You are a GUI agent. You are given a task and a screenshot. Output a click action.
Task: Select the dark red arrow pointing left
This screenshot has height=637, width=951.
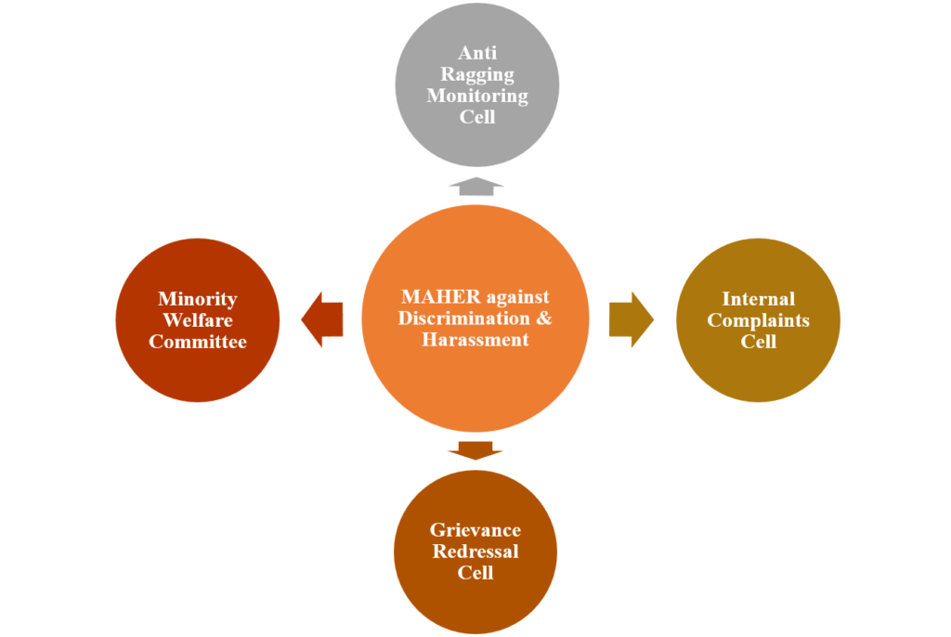click(323, 320)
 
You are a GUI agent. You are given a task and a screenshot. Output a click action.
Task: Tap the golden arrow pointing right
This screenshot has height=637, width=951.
click(631, 319)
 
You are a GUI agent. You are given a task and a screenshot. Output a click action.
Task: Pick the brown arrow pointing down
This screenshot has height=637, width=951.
click(475, 450)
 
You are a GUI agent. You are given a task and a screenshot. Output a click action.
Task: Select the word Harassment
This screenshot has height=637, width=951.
click(475, 340)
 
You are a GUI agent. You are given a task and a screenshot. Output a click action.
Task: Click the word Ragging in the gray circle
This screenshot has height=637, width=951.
click(476, 75)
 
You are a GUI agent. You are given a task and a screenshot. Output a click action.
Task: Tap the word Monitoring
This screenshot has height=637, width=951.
click(476, 96)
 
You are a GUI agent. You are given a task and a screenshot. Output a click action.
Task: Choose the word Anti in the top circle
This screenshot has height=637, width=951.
click(476, 54)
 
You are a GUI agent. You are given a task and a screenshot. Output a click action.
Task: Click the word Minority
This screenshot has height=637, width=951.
click(197, 299)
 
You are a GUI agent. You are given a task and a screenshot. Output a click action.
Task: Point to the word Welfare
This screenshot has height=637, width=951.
click(197, 320)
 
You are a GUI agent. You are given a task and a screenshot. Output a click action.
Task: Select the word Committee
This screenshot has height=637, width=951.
click(198, 342)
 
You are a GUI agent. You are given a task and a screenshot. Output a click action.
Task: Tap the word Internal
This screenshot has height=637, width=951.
click(758, 299)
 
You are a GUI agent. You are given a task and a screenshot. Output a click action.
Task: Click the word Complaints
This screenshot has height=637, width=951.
click(758, 320)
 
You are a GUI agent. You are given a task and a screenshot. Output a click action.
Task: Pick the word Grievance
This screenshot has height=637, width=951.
click(475, 530)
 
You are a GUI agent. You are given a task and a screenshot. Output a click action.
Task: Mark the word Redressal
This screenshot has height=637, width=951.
click(475, 552)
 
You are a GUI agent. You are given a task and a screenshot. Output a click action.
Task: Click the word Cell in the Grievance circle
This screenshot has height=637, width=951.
click(475, 573)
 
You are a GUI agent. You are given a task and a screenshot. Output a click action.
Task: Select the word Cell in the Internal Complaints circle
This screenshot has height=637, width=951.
click(758, 342)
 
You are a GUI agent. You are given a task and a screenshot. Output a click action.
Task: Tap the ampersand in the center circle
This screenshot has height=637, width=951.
click(544, 318)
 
